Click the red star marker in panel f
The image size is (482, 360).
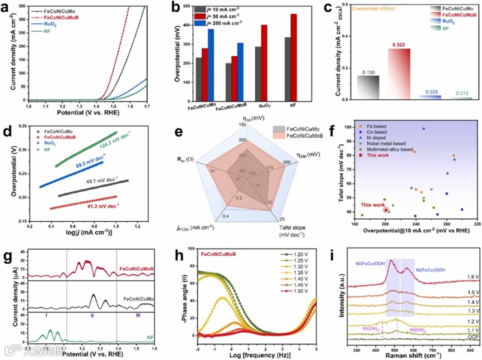(386, 210)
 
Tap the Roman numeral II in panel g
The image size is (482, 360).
(92, 315)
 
